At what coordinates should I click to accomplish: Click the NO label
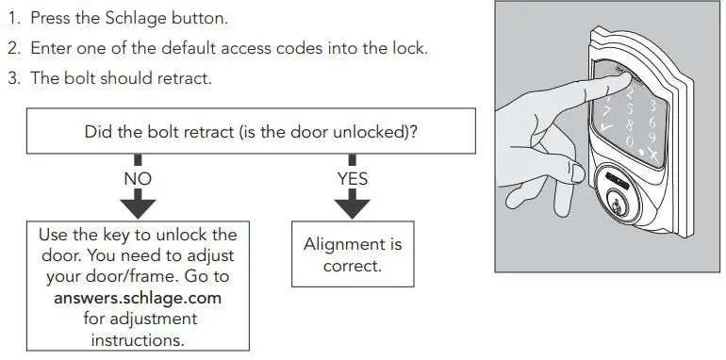tap(137, 178)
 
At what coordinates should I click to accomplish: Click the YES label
tap(352, 178)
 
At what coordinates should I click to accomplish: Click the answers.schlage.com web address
tap(137, 297)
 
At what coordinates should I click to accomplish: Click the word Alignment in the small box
tap(352, 244)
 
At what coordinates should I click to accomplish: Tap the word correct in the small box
tap(352, 266)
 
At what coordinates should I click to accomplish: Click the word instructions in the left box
tap(138, 339)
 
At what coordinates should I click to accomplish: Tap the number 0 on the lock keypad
tap(630, 139)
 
